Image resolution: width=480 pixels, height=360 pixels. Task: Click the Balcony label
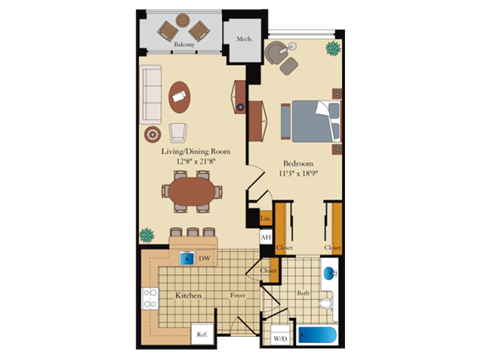click(x=183, y=46)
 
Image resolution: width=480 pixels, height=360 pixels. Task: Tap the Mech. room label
click(x=243, y=39)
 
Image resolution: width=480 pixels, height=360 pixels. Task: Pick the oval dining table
click(x=191, y=188)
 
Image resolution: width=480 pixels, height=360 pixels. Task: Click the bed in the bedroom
click(x=310, y=121)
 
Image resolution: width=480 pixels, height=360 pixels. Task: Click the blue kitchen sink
click(x=185, y=257)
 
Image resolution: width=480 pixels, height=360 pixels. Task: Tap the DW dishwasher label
click(x=203, y=258)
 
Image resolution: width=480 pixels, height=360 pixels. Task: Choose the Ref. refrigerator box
click(x=201, y=334)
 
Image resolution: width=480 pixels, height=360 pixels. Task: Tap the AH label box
click(x=266, y=237)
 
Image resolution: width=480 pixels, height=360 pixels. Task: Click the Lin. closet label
click(x=266, y=219)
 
